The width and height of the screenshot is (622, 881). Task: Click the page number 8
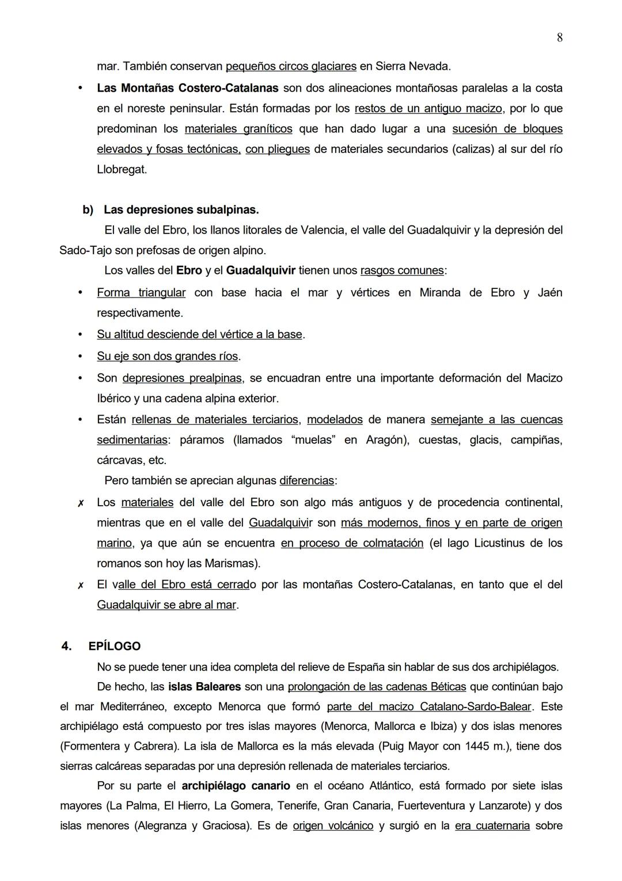[560, 38]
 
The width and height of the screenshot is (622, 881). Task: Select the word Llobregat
[121, 170]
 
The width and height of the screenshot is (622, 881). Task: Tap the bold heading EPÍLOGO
[115, 646]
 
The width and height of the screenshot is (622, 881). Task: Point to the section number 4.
[66, 646]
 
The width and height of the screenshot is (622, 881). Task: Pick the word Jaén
[549, 292]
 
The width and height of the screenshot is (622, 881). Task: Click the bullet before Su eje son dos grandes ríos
[81, 356]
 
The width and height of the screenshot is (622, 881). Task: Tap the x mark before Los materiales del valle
[81, 503]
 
